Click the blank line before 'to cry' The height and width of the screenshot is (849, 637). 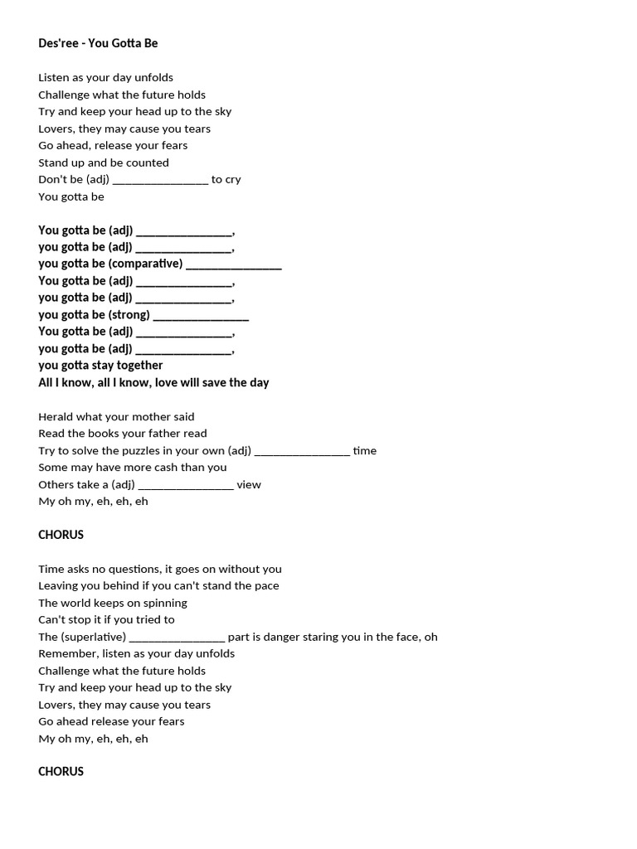160,180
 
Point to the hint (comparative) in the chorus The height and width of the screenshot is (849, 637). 145,264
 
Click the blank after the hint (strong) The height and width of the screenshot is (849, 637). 201,315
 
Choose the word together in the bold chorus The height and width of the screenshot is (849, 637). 134,366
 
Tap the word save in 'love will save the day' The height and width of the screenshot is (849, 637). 214,382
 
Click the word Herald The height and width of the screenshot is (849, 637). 56,416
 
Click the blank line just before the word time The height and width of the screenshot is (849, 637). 302,451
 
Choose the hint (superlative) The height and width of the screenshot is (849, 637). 93,637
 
